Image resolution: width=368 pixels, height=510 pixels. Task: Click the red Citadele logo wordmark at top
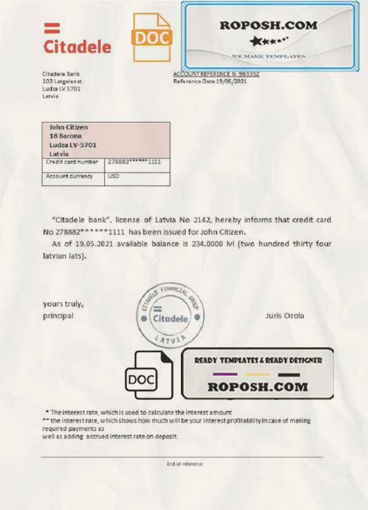click(77, 47)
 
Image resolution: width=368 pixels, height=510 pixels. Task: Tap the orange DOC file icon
click(153, 37)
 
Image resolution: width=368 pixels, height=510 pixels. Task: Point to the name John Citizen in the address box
click(69, 127)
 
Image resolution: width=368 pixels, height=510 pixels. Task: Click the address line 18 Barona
click(65, 136)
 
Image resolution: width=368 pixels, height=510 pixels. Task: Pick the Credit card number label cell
click(72, 162)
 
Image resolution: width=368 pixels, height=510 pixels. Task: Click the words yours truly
click(63, 304)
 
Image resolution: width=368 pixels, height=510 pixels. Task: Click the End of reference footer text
click(184, 463)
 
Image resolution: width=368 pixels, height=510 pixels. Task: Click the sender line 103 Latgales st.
click(63, 81)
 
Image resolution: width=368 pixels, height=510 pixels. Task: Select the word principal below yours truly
click(58, 316)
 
